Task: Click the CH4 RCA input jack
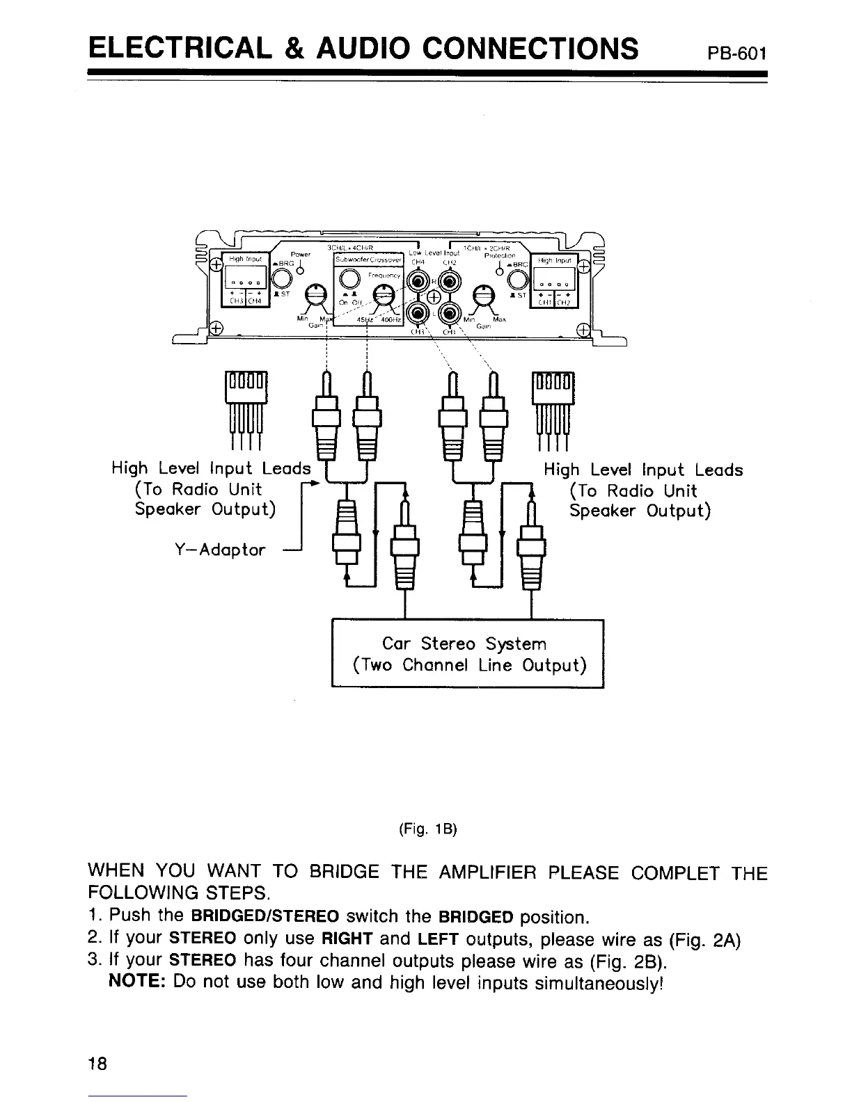(418, 282)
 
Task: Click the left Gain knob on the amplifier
(317, 295)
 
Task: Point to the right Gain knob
(481, 295)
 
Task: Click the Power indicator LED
(299, 271)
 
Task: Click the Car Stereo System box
(468, 653)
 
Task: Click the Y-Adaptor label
(219, 550)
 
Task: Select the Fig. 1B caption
(427, 829)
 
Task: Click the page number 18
(97, 1064)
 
